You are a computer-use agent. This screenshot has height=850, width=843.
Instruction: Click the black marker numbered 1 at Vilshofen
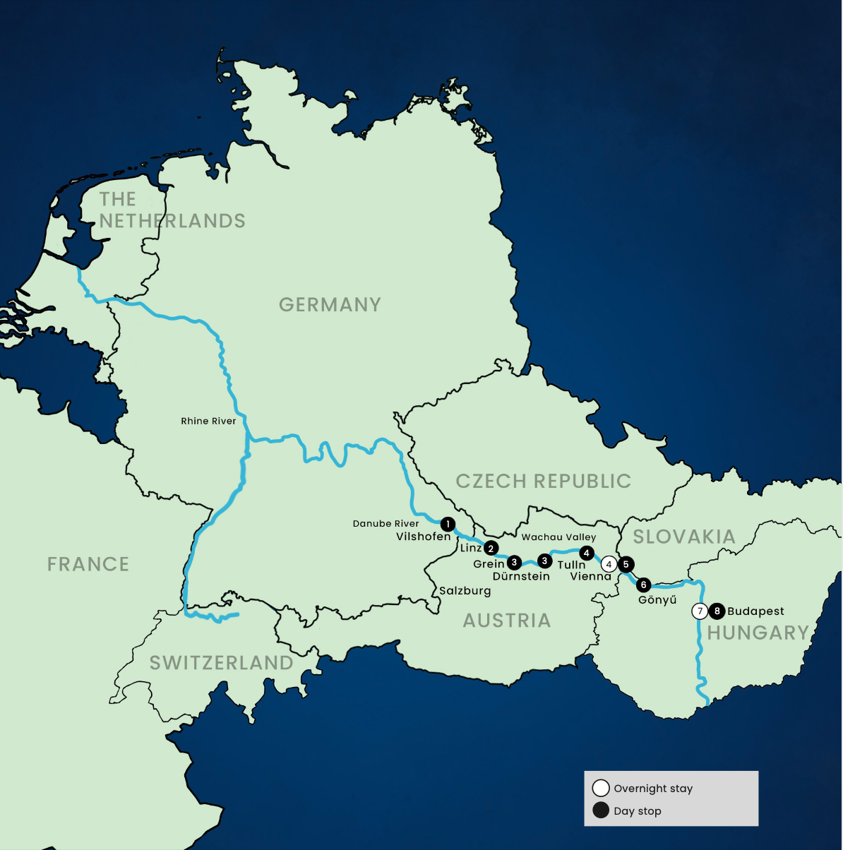448,525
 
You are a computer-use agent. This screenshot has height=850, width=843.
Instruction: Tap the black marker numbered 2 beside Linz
491,549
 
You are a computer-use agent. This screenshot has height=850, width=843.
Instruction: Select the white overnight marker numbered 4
609,564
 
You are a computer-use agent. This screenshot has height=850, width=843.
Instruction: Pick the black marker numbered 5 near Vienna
626,564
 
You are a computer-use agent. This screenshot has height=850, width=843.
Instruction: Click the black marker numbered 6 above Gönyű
643,585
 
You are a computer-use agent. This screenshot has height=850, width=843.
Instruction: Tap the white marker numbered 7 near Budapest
700,611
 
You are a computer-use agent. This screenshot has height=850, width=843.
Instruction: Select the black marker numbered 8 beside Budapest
717,611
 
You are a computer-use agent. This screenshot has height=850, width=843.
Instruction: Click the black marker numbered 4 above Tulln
586,553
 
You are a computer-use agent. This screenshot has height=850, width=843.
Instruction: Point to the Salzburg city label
465,591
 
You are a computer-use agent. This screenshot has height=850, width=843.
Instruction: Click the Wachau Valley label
558,537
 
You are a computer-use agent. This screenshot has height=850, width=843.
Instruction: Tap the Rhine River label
208,421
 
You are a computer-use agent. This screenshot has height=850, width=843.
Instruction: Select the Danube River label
385,524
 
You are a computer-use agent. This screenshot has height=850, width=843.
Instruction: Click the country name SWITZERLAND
221,663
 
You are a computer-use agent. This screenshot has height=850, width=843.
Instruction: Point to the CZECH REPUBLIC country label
543,481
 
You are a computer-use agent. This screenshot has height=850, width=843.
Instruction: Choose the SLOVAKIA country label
683,537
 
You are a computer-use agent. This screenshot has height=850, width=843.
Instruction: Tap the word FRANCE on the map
88,565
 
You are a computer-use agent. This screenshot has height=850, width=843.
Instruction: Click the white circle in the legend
601,788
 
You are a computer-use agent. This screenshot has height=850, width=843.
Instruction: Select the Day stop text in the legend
637,811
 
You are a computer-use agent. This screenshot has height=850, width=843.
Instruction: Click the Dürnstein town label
521,576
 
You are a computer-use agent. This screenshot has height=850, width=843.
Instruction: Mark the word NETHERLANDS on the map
172,221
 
